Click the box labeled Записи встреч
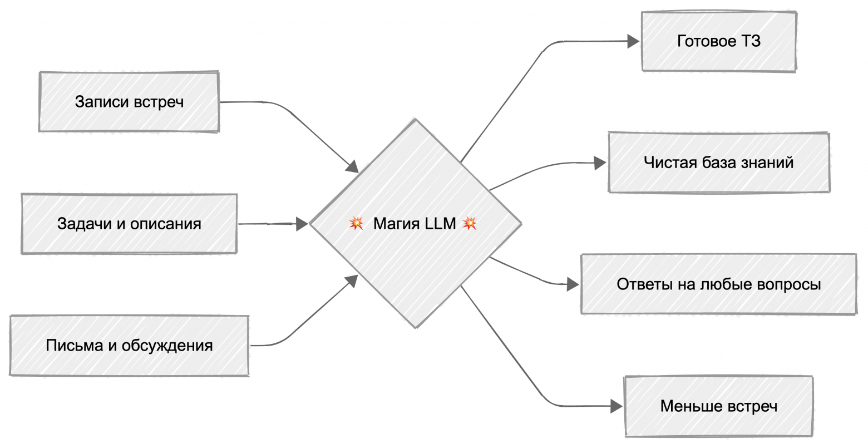coord(129,101)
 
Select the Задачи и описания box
coord(129,224)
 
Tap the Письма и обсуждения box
coord(129,345)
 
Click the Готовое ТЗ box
coord(719,41)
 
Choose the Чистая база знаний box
coord(719,163)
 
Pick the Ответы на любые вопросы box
coord(719,284)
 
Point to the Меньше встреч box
coord(719,406)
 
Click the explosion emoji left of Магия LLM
coord(356,223)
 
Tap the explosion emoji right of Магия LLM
coord(470,223)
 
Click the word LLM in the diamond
coord(440,224)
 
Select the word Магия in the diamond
coord(396,224)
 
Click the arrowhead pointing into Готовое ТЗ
coord(633,41)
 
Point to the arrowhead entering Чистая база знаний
coord(600,163)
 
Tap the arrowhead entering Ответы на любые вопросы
coord(573,284)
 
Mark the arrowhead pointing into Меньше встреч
coord(616,406)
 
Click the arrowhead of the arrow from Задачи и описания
coord(302,224)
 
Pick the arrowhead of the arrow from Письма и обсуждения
coord(351,281)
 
